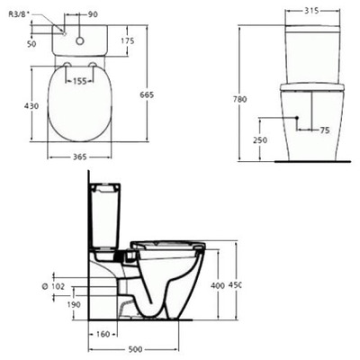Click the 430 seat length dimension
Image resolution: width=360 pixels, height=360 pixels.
(x=31, y=105)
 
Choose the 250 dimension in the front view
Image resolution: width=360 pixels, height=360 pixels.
(x=260, y=139)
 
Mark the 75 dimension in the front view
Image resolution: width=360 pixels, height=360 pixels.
(x=324, y=130)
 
